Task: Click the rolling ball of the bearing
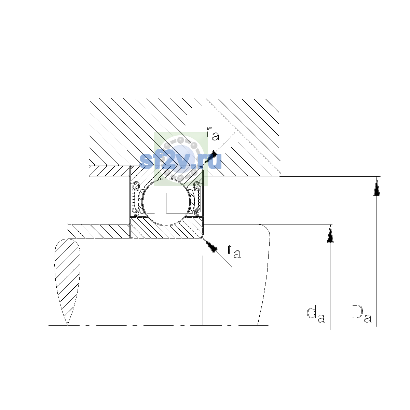[167, 202]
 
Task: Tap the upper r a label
[213, 134]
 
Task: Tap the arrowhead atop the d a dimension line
[330, 233]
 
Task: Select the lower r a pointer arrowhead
[210, 245]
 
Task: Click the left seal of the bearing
[135, 199]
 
